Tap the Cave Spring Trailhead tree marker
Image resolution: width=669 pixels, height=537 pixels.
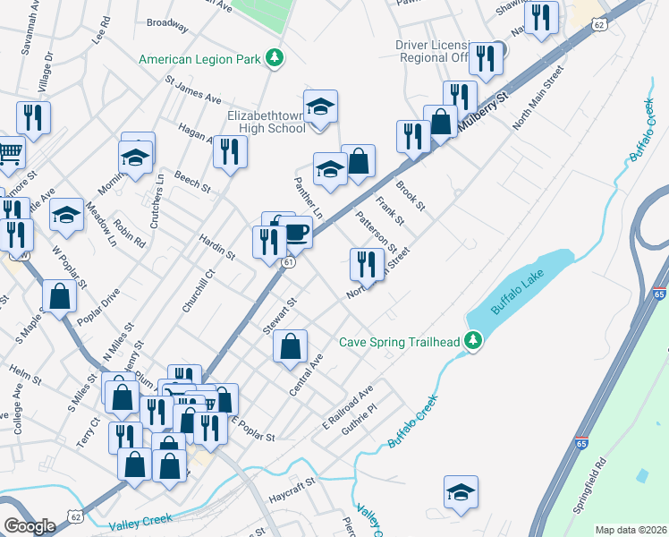pos(473,341)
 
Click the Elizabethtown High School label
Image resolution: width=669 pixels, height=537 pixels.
pos(267,122)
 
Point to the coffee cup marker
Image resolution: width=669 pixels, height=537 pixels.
pos(295,233)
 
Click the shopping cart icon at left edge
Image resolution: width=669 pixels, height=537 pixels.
pos(9,153)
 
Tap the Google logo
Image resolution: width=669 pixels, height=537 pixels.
pos(30,525)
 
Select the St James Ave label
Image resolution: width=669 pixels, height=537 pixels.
pos(192,88)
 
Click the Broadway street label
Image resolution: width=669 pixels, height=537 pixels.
pos(167,26)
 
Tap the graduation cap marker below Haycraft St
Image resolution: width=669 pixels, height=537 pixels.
pos(462,492)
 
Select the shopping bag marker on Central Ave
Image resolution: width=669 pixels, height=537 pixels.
pos(290,347)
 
